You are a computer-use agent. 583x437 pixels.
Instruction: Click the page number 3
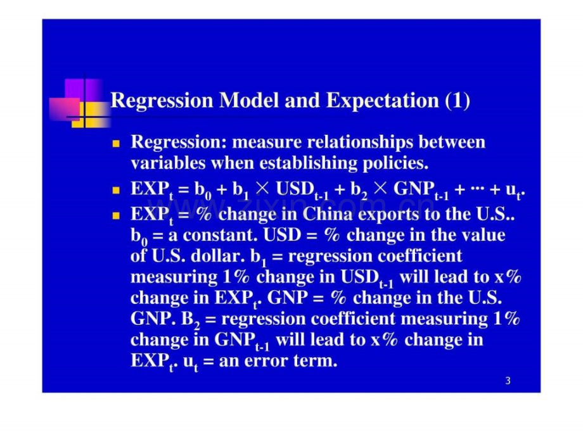point(508,381)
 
